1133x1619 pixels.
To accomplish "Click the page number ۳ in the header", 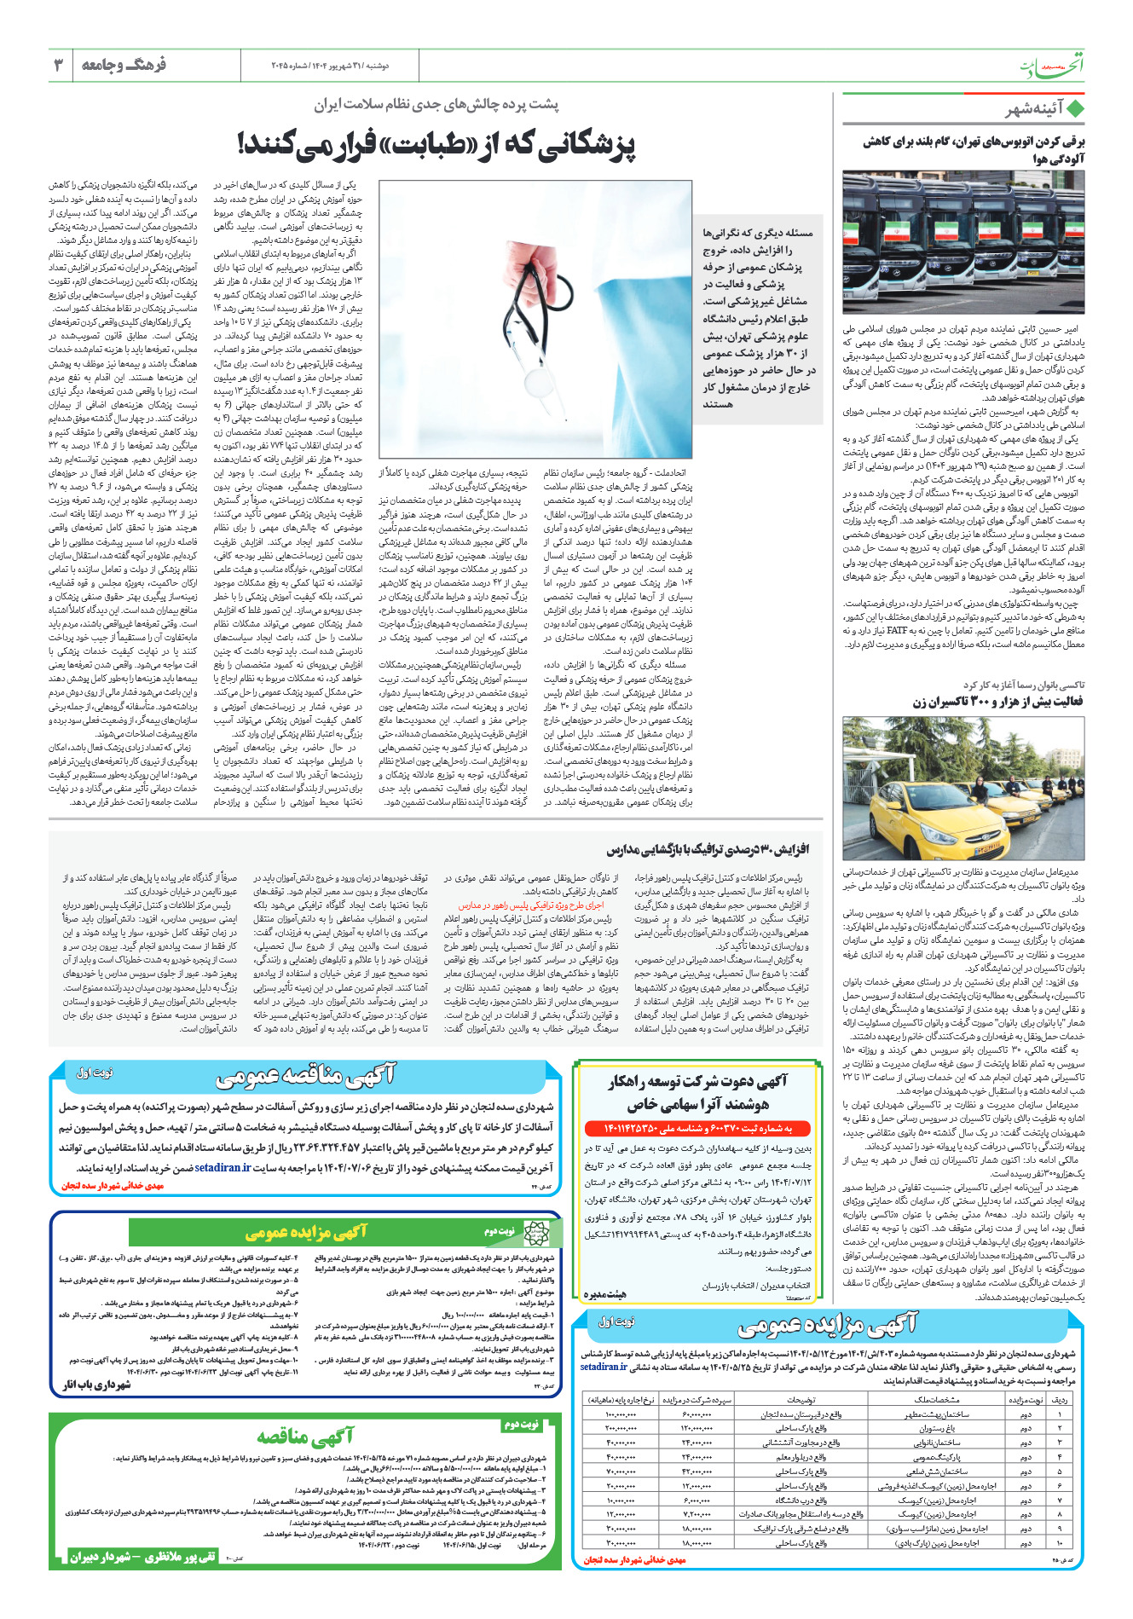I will (58, 65).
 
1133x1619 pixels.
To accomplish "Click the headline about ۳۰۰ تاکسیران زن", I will (997, 702).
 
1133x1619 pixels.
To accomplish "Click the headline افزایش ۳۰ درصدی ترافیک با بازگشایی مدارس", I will (708, 849).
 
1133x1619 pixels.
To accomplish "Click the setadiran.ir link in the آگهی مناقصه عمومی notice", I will (223, 1167).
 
